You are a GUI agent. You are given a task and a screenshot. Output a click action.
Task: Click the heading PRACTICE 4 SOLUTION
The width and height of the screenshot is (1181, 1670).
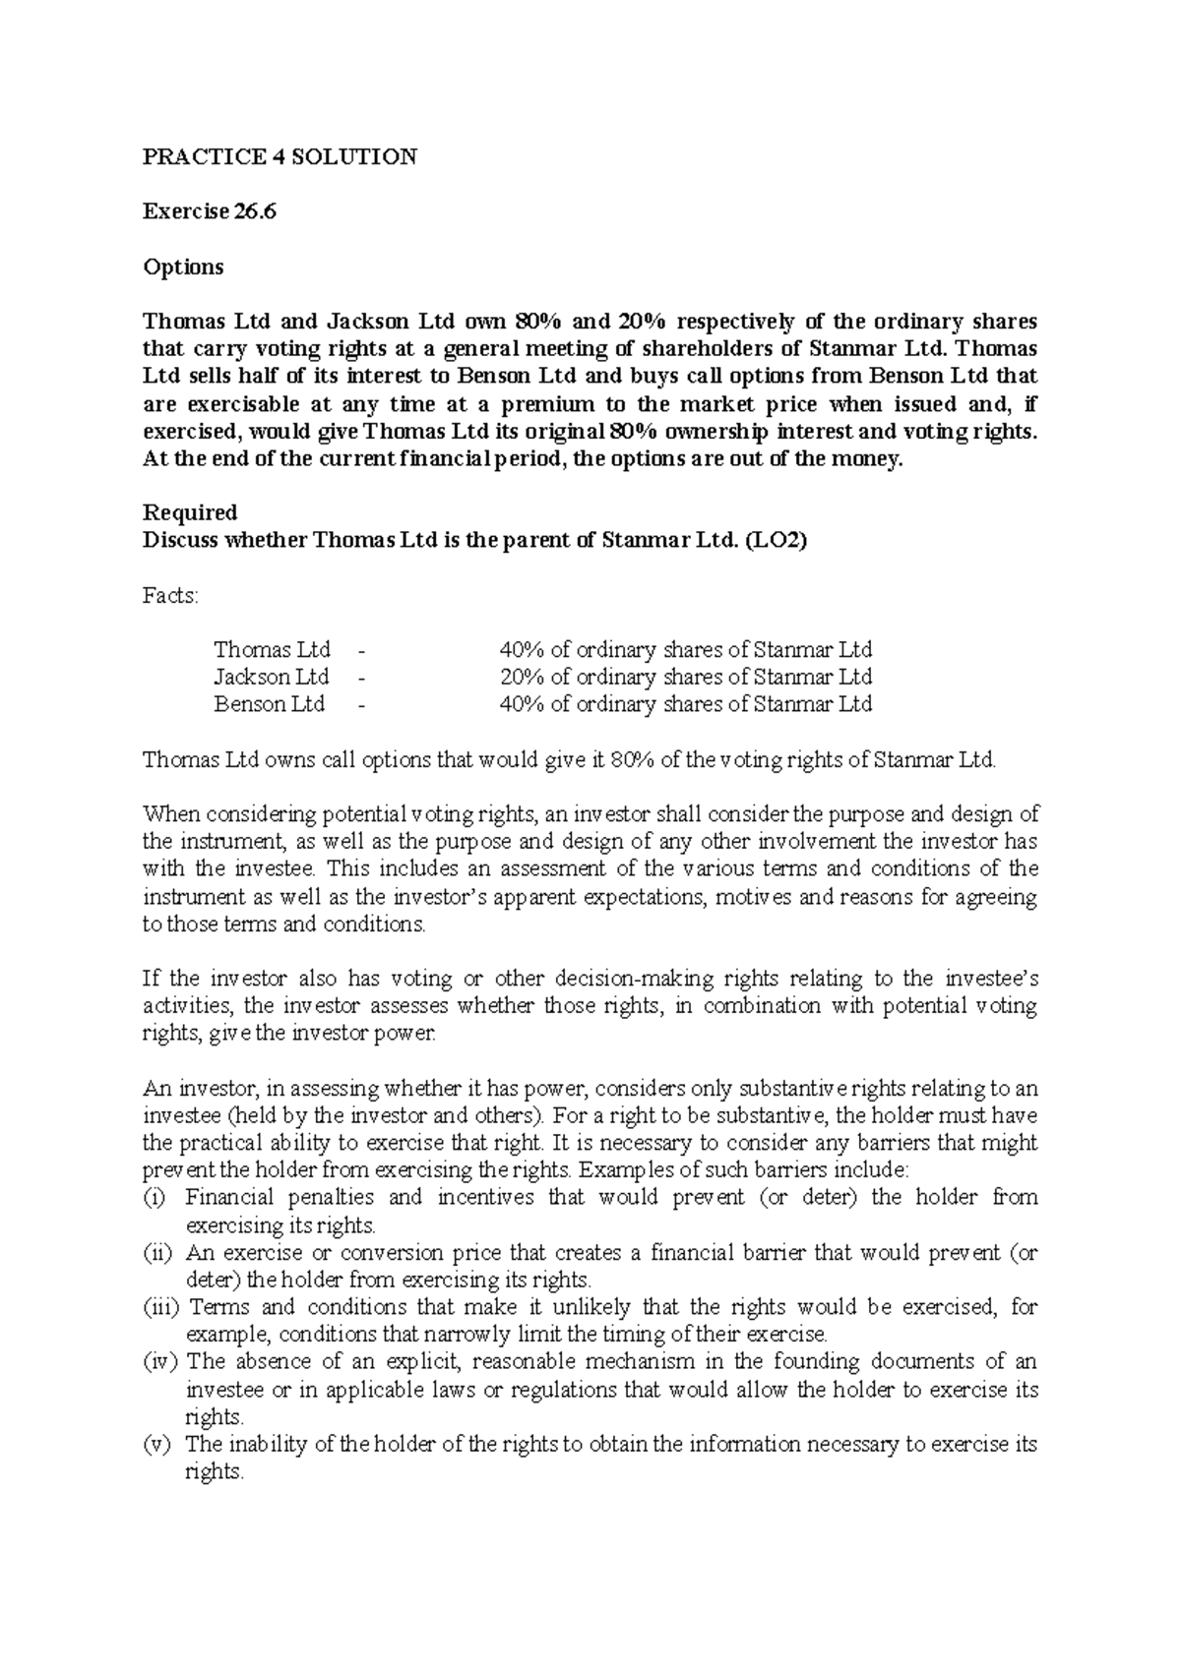click(280, 156)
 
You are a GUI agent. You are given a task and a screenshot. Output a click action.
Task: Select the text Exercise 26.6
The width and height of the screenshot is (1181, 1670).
click(209, 211)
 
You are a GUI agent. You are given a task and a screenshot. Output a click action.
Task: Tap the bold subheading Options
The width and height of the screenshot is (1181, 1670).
click(183, 267)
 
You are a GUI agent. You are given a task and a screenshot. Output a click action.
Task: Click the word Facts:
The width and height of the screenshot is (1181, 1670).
click(170, 595)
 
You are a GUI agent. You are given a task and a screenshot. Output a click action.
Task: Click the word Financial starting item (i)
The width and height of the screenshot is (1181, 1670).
click(230, 1198)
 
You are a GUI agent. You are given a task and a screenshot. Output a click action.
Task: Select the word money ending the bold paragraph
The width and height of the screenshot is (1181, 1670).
click(867, 458)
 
